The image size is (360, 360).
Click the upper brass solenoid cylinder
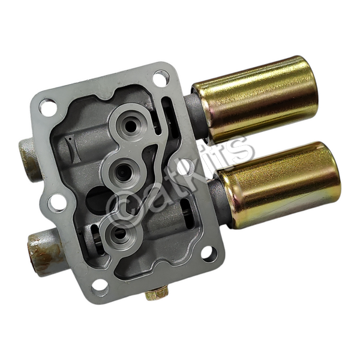tap(255, 99)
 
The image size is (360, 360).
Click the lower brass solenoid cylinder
tap(279, 185)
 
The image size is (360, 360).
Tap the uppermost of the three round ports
tap(130, 125)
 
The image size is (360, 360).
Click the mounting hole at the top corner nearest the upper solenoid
tap(161, 76)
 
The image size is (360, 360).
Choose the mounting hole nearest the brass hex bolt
tap(100, 287)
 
